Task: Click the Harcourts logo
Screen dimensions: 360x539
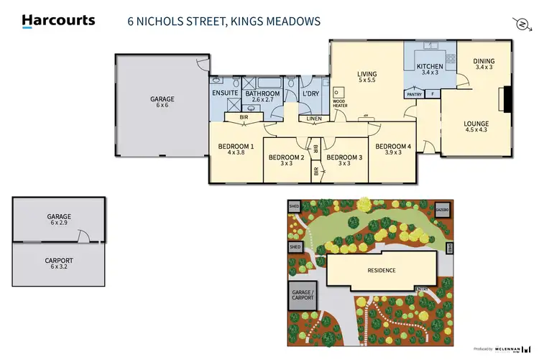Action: pos(58,21)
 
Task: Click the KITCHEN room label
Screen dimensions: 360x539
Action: pos(430,67)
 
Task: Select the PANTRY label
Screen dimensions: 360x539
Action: pos(414,93)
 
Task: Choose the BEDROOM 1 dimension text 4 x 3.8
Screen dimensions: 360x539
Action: pos(236,153)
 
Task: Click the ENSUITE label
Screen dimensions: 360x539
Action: pos(225,93)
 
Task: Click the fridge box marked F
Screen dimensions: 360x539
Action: pos(433,93)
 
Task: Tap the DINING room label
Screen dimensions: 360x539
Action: pos(484,62)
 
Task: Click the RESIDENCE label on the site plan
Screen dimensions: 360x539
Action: pos(381,270)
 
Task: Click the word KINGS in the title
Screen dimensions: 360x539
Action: pos(241,22)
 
